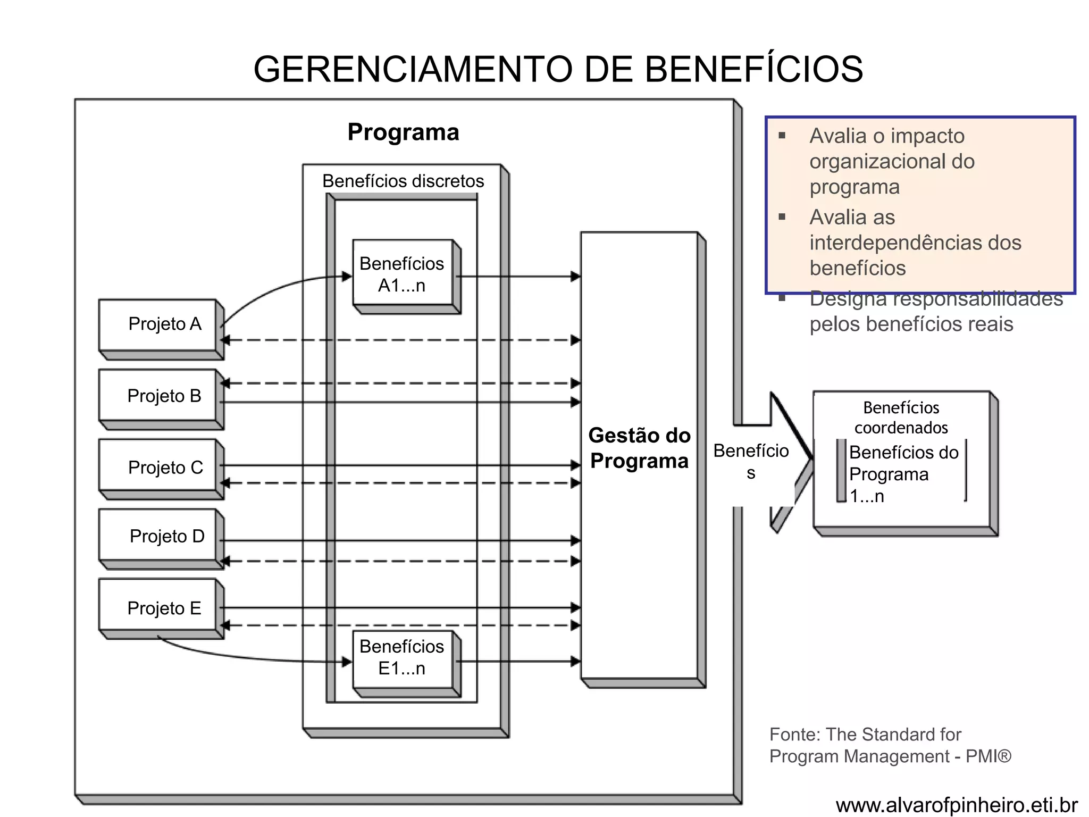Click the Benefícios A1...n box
click(x=403, y=274)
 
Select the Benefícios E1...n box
click(x=403, y=657)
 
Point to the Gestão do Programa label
click(x=639, y=448)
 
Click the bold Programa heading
click(x=403, y=132)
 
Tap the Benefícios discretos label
click(x=403, y=181)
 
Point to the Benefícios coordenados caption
click(x=901, y=418)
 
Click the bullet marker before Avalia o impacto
click(x=782, y=136)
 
